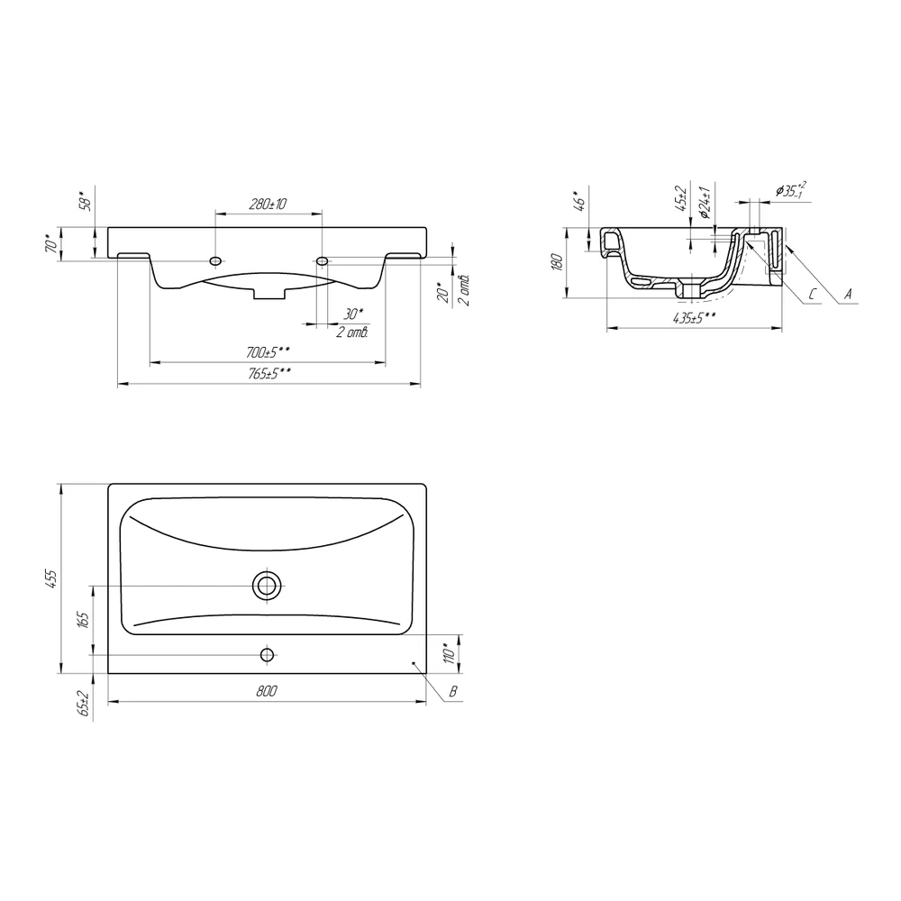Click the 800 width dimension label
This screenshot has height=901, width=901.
(267, 691)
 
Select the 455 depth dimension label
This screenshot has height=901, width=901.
(51, 578)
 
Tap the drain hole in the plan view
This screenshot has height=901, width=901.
(267, 586)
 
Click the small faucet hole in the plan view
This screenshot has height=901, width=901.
(267, 654)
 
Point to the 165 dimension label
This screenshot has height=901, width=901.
(83, 620)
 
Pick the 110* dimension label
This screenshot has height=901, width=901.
(450, 652)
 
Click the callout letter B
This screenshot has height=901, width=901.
(453, 692)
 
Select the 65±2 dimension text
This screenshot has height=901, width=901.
(83, 704)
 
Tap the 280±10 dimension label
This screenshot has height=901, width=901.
(268, 204)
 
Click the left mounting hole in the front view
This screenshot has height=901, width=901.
(215, 261)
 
